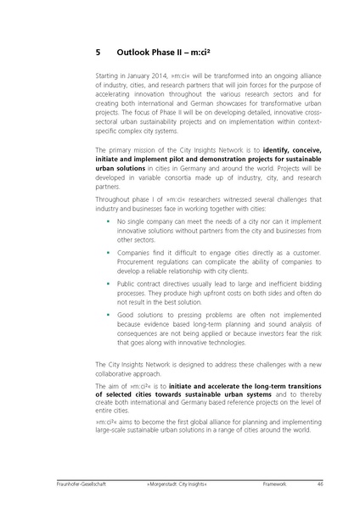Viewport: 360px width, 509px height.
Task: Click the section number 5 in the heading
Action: [x=98, y=52]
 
